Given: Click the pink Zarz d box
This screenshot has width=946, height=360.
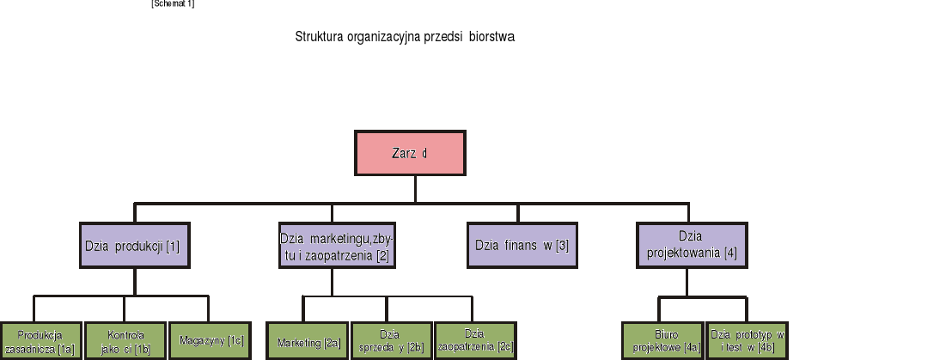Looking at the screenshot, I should click(x=410, y=153).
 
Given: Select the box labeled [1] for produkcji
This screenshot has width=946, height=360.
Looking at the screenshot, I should click(x=134, y=245).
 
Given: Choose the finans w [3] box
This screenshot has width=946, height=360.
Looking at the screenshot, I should click(x=522, y=245).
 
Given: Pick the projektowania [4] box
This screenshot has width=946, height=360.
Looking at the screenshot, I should click(x=691, y=245).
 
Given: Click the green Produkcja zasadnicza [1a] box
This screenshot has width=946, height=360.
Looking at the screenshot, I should click(x=40, y=341).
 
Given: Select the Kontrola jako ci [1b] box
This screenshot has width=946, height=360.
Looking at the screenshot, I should click(x=125, y=341).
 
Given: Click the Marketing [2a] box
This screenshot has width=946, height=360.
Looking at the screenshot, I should click(x=308, y=341).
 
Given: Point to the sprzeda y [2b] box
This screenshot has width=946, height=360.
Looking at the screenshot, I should click(x=390, y=341).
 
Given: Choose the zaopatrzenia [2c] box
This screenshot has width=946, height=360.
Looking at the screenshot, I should click(x=475, y=341).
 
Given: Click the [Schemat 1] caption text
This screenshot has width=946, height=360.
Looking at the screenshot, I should click(x=173, y=4).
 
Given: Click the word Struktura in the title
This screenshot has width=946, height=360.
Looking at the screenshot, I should click(x=319, y=37).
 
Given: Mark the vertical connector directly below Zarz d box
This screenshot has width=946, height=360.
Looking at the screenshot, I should click(x=415, y=189).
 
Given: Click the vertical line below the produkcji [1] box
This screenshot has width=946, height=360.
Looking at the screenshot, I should click(x=135, y=282).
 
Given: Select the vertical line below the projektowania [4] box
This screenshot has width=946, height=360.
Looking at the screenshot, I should click(x=687, y=284).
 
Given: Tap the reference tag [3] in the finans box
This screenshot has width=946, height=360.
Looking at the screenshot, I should click(x=562, y=246).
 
